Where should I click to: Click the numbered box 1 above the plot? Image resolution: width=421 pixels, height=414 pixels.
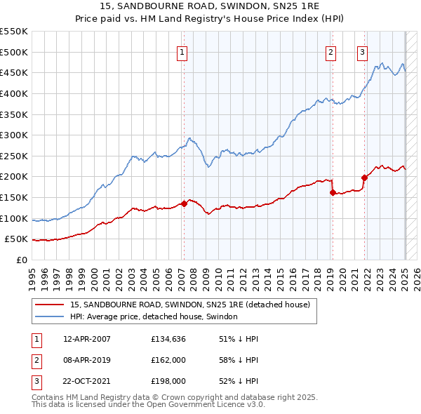tap(182, 51)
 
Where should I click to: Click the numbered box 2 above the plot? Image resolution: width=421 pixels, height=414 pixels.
tap(330, 51)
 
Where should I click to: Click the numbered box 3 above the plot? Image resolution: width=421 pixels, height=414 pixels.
tap(363, 51)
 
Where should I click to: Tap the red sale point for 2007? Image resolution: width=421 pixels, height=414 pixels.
tap(184, 203)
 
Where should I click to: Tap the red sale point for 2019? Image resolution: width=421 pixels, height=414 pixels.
tap(333, 192)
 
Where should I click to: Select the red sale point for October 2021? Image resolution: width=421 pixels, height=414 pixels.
tap(365, 178)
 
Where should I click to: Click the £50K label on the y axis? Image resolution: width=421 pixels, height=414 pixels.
tap(16, 239)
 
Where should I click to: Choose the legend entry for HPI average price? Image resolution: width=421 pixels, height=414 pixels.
tap(154, 316)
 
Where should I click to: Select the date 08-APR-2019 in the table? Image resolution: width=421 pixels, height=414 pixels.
tap(87, 360)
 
